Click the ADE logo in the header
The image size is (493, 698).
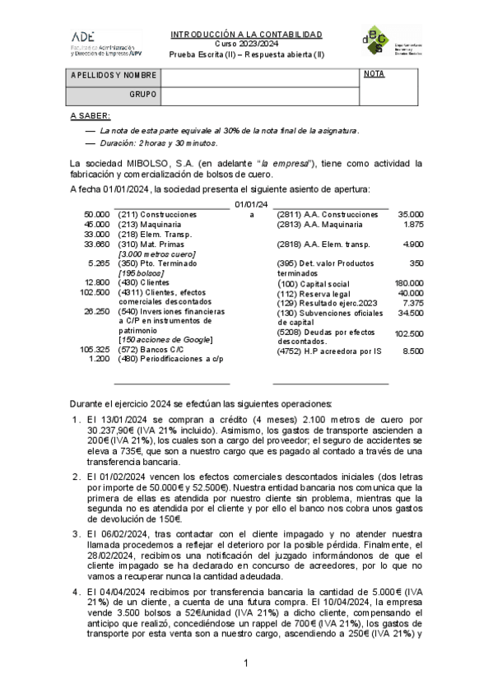[x=83, y=37]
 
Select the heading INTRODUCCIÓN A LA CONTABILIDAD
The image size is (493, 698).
[x=246, y=35]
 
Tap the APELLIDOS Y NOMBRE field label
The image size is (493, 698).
[x=114, y=75]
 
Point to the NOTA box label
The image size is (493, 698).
[x=374, y=74]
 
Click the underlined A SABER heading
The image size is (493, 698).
[x=90, y=116]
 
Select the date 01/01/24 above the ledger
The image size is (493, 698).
[x=251, y=203]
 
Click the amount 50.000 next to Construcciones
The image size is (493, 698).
[x=96, y=214]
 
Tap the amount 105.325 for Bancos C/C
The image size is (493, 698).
[x=95, y=350]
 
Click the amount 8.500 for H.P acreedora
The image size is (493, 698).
[x=412, y=351]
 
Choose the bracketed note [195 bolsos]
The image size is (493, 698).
[x=142, y=272]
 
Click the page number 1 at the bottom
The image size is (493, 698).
[x=245, y=663]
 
